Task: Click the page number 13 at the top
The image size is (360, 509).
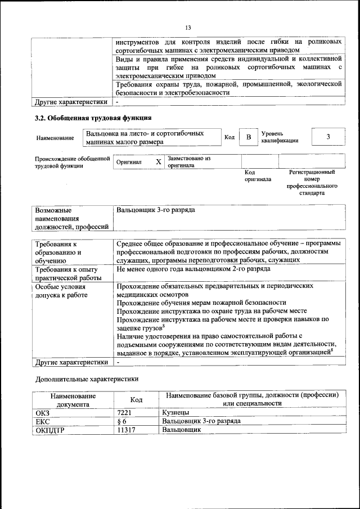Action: coord(188,28)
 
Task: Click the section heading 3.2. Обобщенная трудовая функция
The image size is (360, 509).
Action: coord(93,118)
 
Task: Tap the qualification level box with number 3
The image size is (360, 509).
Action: coord(328,137)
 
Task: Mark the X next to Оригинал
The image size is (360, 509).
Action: coord(158,162)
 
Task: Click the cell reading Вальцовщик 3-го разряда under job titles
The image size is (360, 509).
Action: coord(156,210)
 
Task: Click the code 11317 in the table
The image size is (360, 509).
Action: coord(127,430)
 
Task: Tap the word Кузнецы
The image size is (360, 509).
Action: coord(175,412)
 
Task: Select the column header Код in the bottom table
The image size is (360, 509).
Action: coord(136,399)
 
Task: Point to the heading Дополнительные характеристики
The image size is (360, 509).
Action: coord(87,379)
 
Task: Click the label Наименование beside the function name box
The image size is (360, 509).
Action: coord(55,138)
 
